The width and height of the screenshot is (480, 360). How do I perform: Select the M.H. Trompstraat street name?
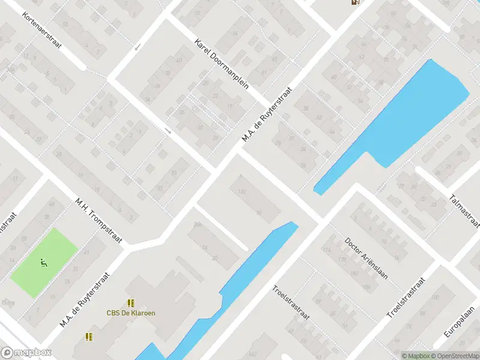(98, 220)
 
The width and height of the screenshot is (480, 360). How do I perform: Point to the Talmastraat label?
(465, 211)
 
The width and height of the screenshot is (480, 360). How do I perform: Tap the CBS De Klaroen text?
(130, 313)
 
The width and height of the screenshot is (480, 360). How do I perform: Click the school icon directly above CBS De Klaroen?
(130, 303)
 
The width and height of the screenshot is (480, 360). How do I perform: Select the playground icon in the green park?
(43, 263)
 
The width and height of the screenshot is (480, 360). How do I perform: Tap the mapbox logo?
(26, 353)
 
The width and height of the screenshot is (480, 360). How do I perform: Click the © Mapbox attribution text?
(416, 356)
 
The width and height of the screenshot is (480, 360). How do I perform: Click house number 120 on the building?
(242, 191)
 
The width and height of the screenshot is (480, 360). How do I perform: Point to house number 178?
(343, 259)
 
